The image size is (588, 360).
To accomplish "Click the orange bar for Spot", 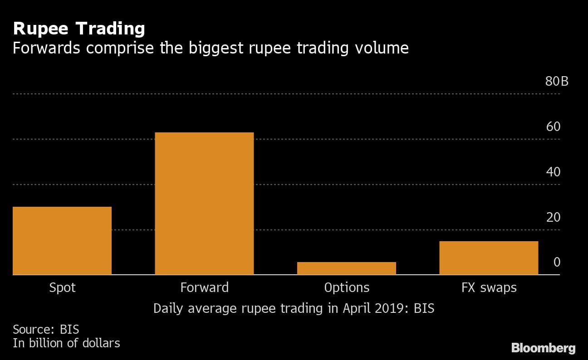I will [62, 241].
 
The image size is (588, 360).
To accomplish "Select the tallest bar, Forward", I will [204, 204].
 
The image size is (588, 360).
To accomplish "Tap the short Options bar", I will [347, 268].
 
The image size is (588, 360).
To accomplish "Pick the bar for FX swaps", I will [489, 258].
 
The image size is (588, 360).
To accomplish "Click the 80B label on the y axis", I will [557, 82].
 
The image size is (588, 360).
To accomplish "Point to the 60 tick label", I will [554, 126].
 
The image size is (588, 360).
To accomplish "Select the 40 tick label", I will [554, 172].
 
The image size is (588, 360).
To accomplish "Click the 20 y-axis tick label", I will [554, 217].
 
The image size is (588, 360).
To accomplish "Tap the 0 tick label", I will [557, 263].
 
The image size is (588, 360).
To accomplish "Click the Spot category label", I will [62, 287].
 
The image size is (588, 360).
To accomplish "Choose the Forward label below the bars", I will [204, 287].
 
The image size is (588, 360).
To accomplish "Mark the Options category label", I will [347, 287].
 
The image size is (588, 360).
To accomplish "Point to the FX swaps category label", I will [489, 287].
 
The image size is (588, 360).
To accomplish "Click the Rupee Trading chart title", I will [79, 29].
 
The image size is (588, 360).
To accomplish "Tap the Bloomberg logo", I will [543, 348].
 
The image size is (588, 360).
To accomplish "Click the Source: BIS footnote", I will [46, 329].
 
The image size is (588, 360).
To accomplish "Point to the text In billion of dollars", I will [66, 343].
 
